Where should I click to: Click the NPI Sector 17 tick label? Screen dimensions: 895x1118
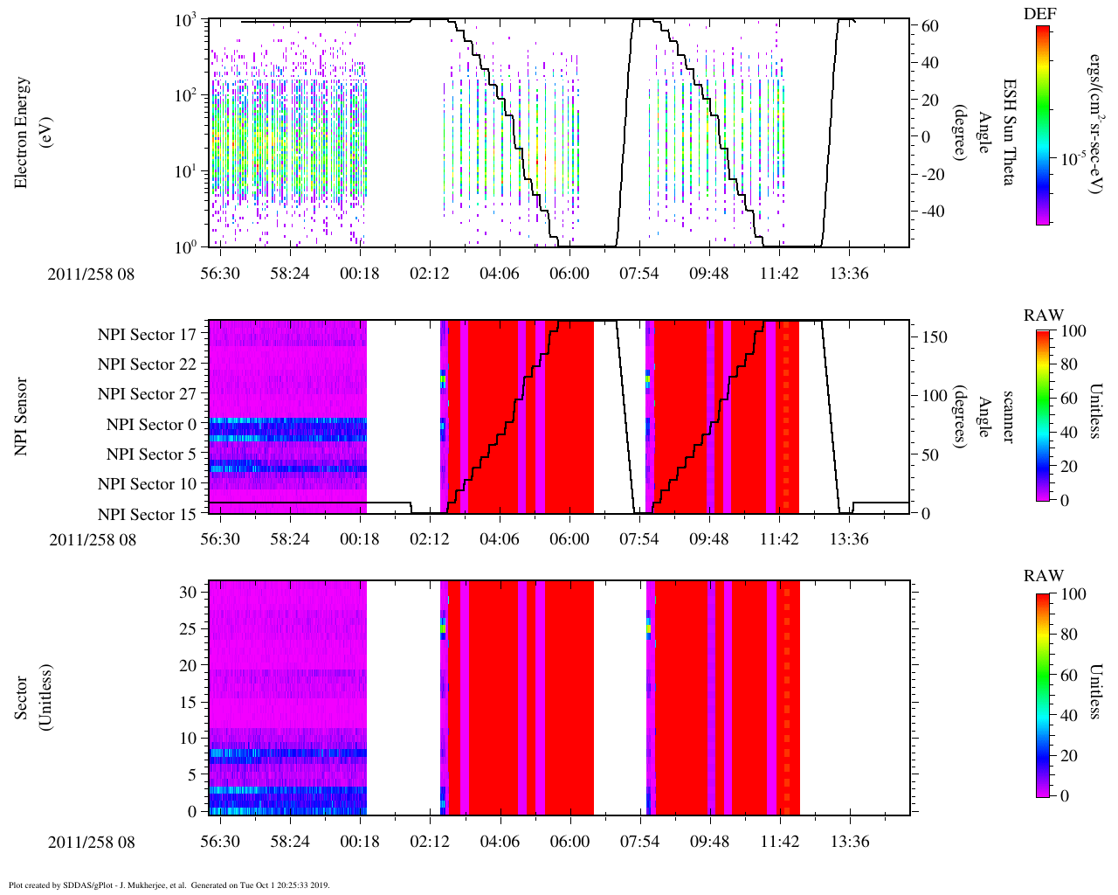[147, 335]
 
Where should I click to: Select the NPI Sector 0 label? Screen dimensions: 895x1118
[151, 425]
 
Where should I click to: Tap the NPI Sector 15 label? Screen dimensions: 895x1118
[147, 514]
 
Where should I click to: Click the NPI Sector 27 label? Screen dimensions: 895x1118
[147, 394]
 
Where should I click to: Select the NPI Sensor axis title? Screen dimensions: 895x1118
[21, 416]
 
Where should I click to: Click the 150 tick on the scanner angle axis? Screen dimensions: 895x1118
[935, 337]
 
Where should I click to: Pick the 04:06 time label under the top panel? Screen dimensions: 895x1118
[499, 274]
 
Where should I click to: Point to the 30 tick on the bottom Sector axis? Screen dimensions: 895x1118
[189, 592]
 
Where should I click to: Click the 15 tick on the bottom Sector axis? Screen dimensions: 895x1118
[189, 702]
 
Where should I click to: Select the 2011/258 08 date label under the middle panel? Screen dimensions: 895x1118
[93, 539]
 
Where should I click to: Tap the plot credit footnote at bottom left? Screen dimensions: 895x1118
[169, 885]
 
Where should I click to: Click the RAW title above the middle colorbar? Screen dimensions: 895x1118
[1044, 316]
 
